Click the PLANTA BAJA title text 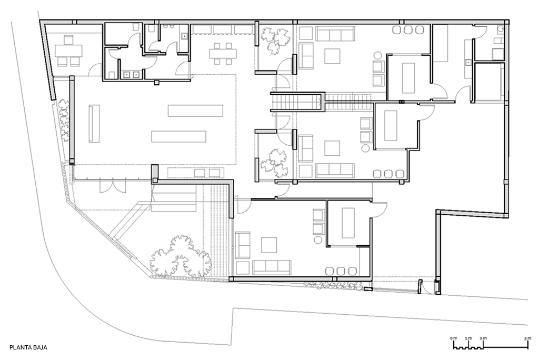click(x=28, y=347)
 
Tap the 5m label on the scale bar click(x=527, y=338)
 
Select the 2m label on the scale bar click(x=483, y=338)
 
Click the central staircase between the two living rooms click(x=297, y=102)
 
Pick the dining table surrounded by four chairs click(x=223, y=53)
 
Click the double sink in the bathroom click(x=131, y=74)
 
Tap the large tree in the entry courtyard click(x=180, y=257)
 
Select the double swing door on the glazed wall click(x=113, y=186)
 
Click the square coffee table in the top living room click(x=332, y=56)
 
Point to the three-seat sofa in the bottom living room click(x=272, y=267)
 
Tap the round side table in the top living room click(x=377, y=55)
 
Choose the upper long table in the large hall click(x=195, y=111)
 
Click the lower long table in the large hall click(x=179, y=136)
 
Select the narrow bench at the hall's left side click(x=94, y=124)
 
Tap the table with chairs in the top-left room click(x=69, y=51)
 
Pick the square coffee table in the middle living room click(x=332, y=148)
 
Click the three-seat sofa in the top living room click(x=335, y=34)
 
